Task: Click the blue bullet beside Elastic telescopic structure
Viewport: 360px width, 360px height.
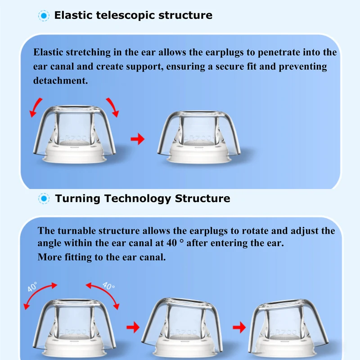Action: (x=44, y=15)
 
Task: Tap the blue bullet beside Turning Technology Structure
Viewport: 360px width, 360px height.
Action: (x=44, y=198)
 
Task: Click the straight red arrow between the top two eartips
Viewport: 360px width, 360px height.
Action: (x=138, y=139)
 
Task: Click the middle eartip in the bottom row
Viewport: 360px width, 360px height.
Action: (x=182, y=324)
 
